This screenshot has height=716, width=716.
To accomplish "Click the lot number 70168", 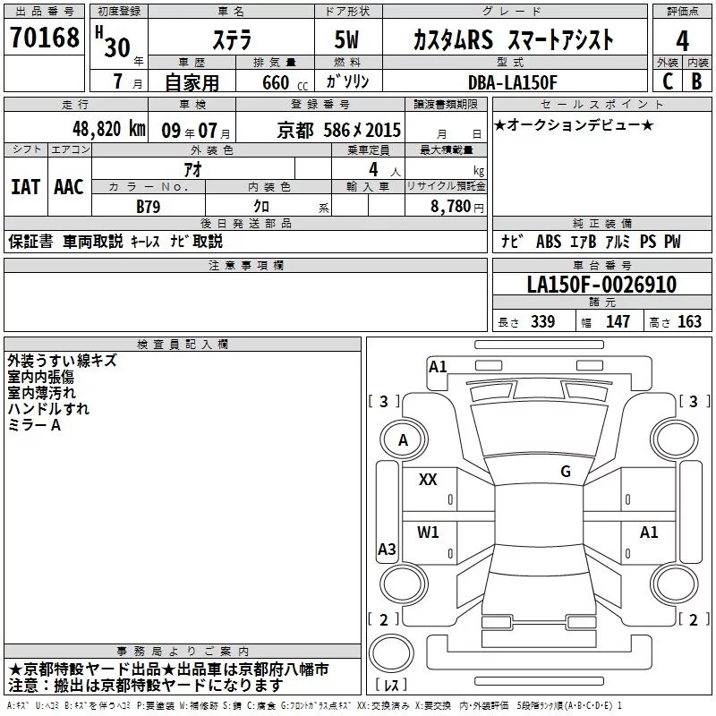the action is (x=45, y=38).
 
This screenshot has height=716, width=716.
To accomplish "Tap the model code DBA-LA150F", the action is (x=513, y=82).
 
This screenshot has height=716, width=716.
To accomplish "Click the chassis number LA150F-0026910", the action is (x=601, y=285).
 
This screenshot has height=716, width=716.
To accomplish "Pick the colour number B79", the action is (x=149, y=205).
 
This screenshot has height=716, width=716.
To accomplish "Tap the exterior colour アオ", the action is (x=192, y=168).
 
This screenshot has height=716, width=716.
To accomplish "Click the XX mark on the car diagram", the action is (x=428, y=481).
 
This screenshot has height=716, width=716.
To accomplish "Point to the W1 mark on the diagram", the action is (x=428, y=533).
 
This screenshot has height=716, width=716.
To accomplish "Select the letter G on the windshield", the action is (x=565, y=472).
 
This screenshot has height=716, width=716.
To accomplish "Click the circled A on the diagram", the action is (x=403, y=440).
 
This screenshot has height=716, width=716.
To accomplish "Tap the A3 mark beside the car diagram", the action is (x=387, y=550).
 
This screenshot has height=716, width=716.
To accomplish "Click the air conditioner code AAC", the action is (x=68, y=186).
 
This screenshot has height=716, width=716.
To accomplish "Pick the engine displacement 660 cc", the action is (x=274, y=82).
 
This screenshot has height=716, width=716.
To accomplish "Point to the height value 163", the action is (x=689, y=322).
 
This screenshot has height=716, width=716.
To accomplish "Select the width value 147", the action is (x=618, y=322).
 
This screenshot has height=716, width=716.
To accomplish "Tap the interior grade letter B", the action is (x=695, y=81).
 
